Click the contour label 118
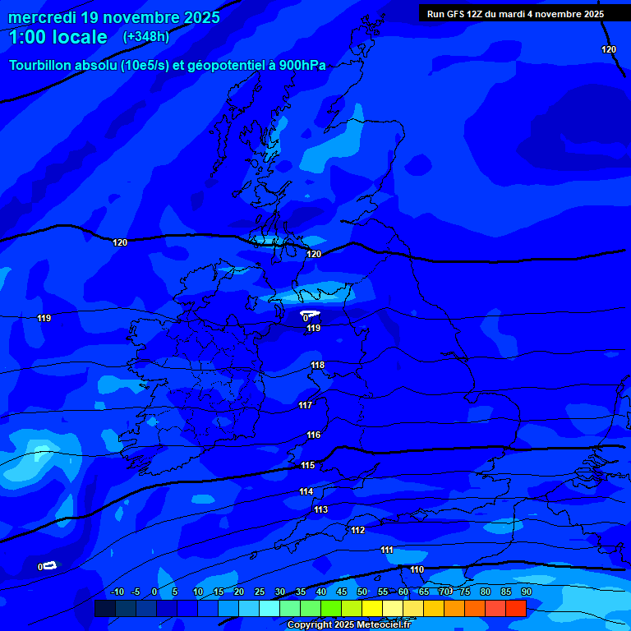(318, 365)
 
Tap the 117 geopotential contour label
(305, 405)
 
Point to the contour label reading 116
(313, 435)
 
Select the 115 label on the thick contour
(307, 465)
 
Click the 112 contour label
(357, 530)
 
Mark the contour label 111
(386, 550)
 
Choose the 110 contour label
(417, 569)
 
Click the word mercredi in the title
(44, 17)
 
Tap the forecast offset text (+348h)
(146, 37)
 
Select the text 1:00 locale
(58, 37)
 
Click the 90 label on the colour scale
(526, 592)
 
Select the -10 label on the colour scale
(117, 592)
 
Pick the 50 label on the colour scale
(362, 592)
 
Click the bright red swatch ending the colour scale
(516, 608)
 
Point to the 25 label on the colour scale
(260, 592)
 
